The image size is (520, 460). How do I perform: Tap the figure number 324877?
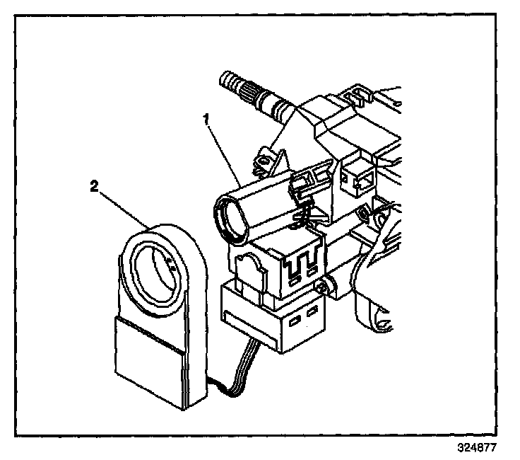(x=478, y=448)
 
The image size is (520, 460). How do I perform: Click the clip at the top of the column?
(x=357, y=92)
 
